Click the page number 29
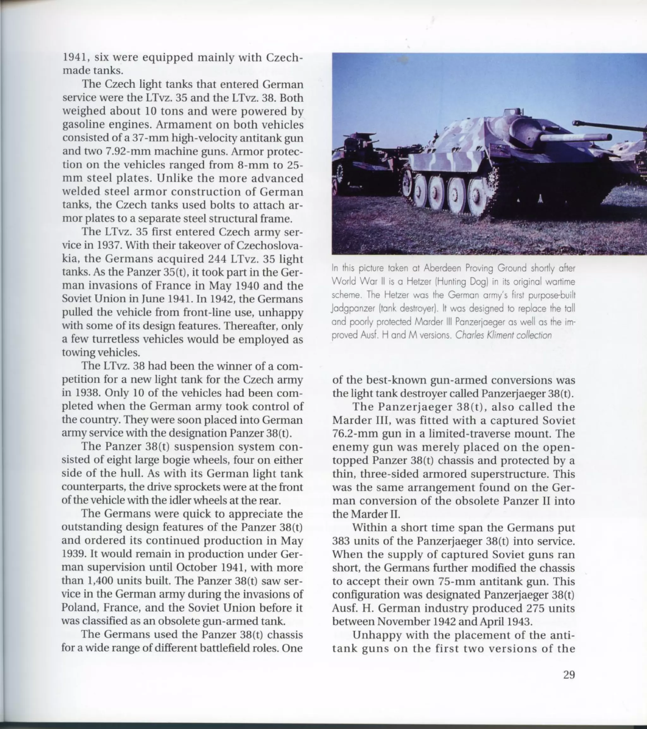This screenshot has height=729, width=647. (569, 675)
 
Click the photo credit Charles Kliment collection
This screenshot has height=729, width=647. (503, 335)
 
